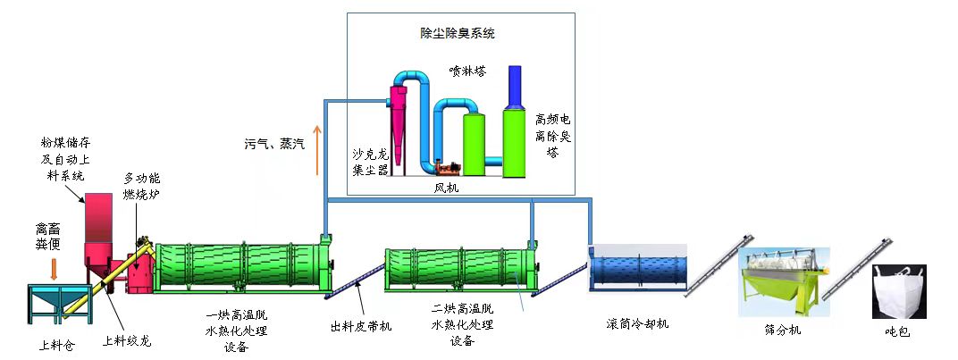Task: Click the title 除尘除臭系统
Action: tap(457, 34)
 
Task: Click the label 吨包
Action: tap(897, 331)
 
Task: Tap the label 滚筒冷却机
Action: tap(636, 323)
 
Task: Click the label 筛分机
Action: tap(783, 331)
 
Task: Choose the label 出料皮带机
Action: tap(354, 326)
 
